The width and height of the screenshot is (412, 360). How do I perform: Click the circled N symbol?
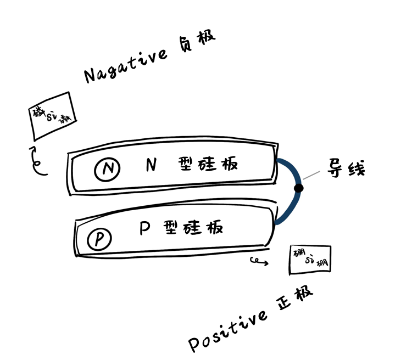pos(107,170)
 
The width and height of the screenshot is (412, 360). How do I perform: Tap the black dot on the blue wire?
pos(298,188)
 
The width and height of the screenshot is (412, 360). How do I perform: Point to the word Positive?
pos(228,330)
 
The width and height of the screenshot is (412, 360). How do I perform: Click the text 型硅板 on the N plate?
pos(208,164)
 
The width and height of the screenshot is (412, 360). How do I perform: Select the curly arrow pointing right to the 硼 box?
pos(259,261)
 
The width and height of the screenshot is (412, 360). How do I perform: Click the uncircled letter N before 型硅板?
pos(152,164)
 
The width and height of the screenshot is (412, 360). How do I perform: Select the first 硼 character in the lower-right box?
pos(299,252)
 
